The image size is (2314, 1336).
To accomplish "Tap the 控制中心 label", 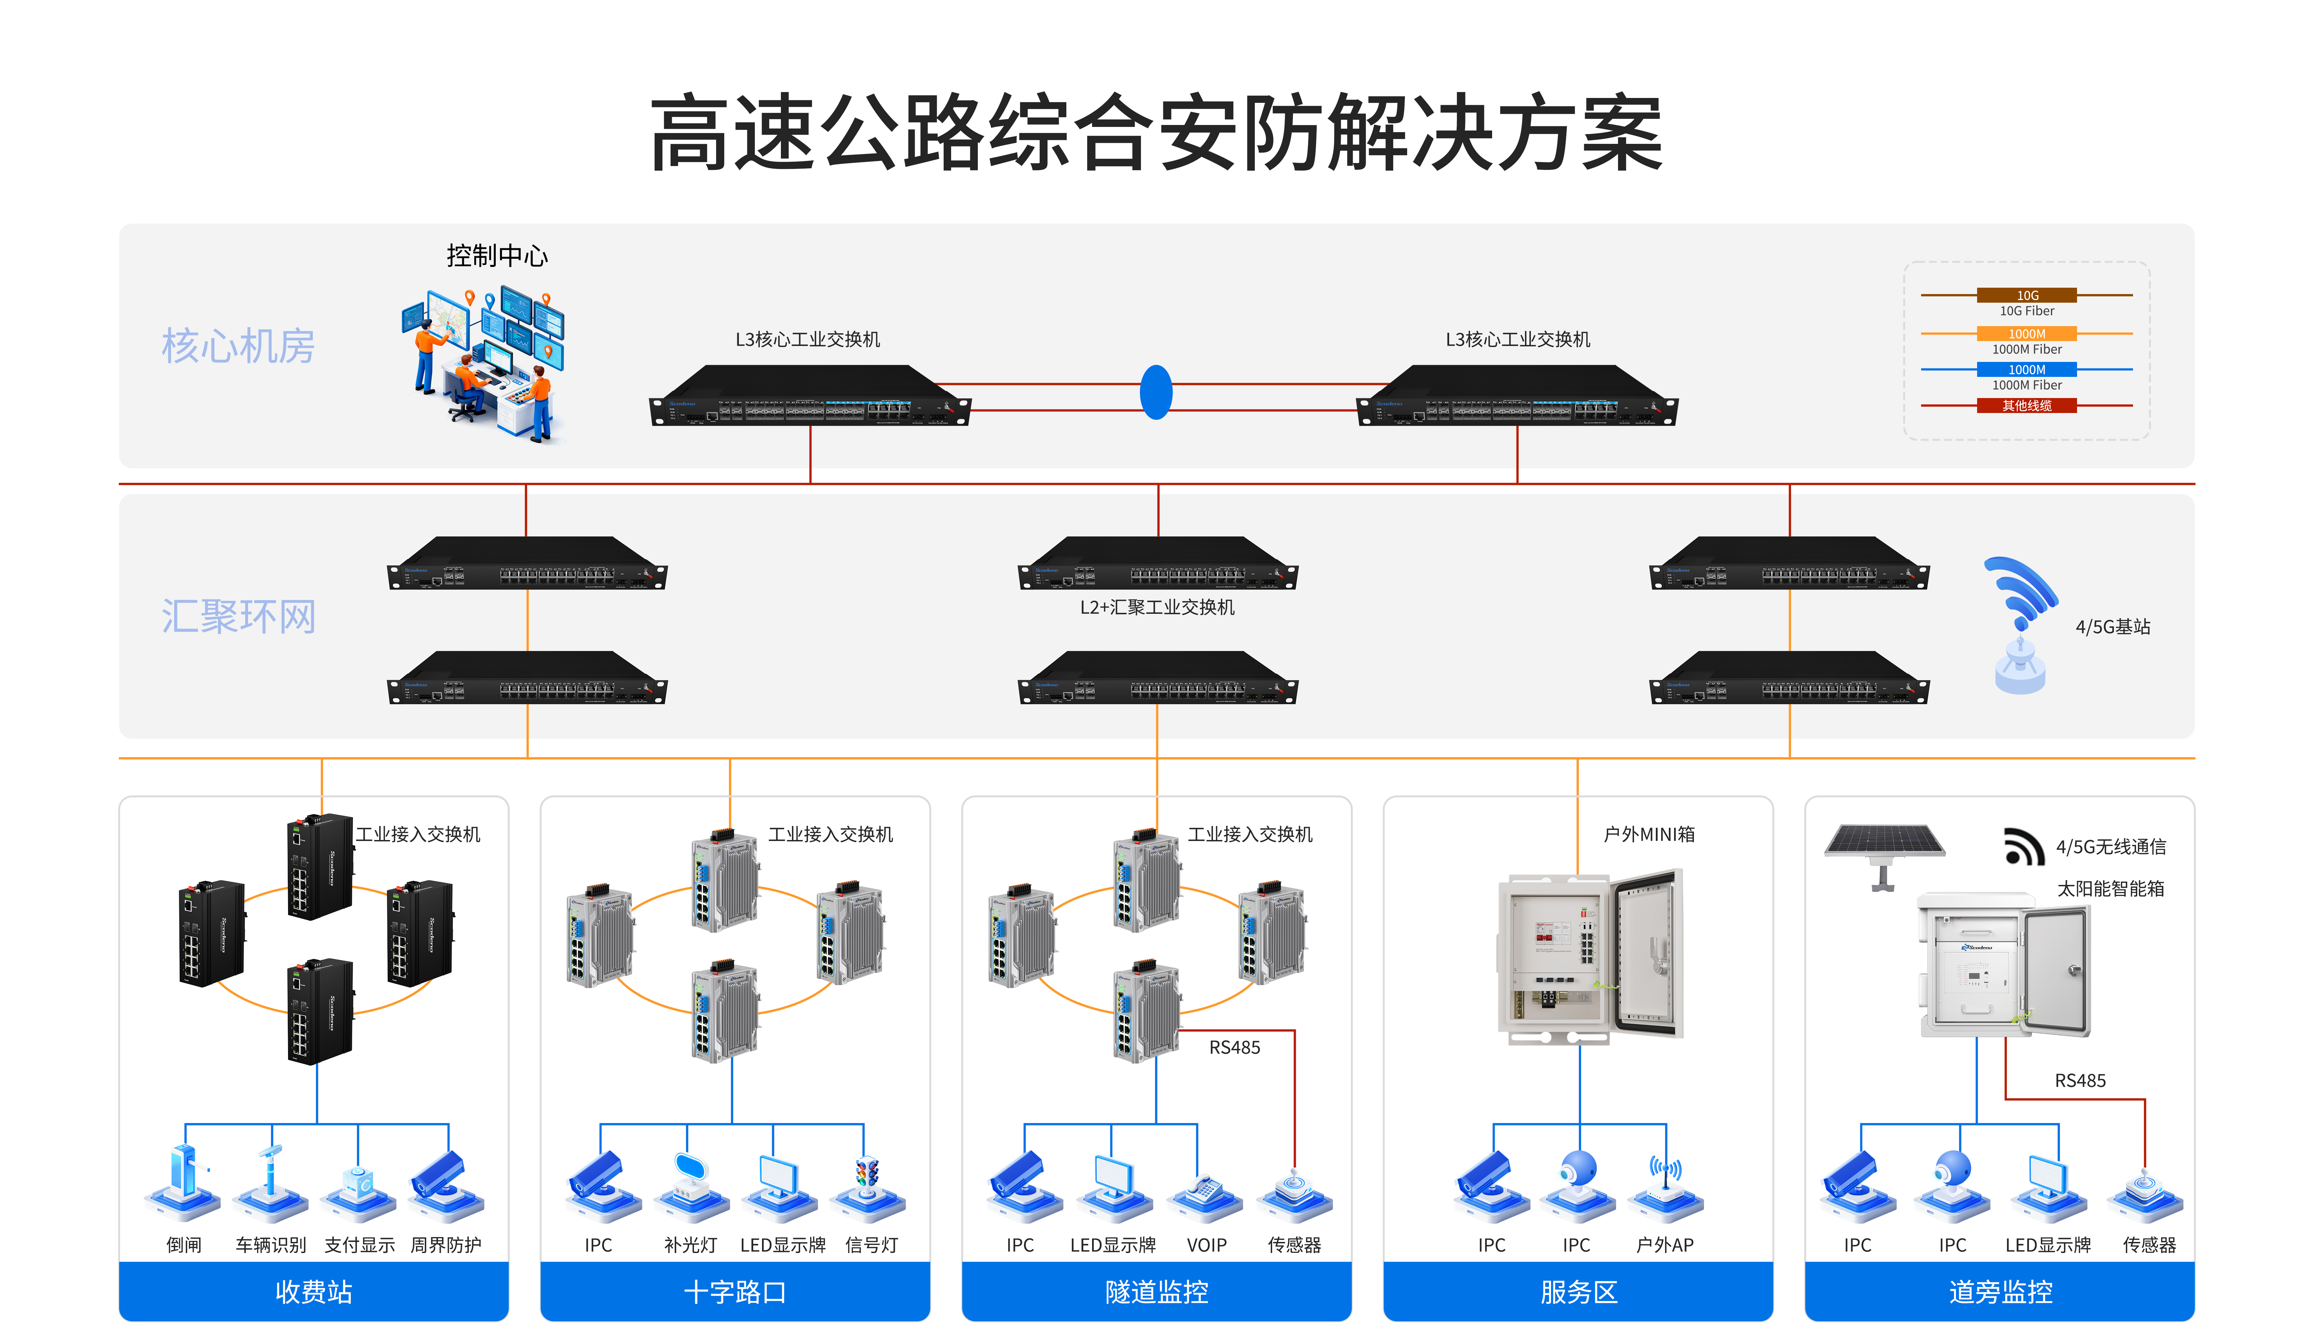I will coord(496,256).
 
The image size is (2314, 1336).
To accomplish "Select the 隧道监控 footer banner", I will coord(1156,1292).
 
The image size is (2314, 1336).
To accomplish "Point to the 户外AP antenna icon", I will coord(1665,1184).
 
